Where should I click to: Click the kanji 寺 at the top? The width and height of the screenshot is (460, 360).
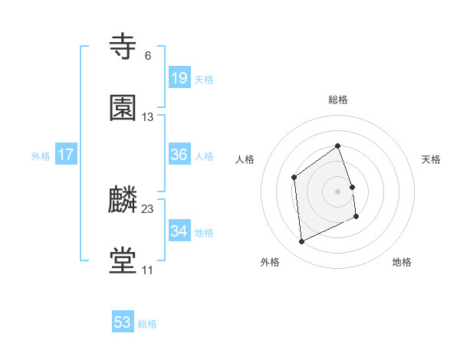click(123, 47)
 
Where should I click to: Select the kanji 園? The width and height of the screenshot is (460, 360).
click(123, 108)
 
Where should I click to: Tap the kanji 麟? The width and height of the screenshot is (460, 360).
click(123, 200)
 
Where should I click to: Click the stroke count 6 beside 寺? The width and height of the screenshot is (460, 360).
click(147, 56)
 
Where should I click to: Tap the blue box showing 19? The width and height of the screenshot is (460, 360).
click(179, 78)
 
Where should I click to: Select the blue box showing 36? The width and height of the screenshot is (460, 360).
click(179, 155)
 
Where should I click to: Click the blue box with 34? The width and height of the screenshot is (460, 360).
click(179, 231)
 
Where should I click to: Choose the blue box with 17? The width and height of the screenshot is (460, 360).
click(66, 155)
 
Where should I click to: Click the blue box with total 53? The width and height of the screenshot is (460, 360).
click(123, 322)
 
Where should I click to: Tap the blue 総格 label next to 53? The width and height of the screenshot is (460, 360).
click(147, 324)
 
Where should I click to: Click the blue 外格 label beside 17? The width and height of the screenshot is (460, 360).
click(41, 156)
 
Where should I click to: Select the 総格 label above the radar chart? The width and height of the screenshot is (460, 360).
click(338, 100)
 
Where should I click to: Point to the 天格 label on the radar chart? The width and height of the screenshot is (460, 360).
click(432, 159)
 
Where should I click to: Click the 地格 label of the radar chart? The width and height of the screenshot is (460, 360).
click(402, 262)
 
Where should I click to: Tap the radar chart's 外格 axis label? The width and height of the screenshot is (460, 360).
click(270, 262)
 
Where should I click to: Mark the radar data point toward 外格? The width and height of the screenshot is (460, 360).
click(301, 242)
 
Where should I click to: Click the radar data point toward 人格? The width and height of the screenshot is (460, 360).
click(294, 178)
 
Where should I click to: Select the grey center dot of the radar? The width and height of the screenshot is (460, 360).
click(338, 191)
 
